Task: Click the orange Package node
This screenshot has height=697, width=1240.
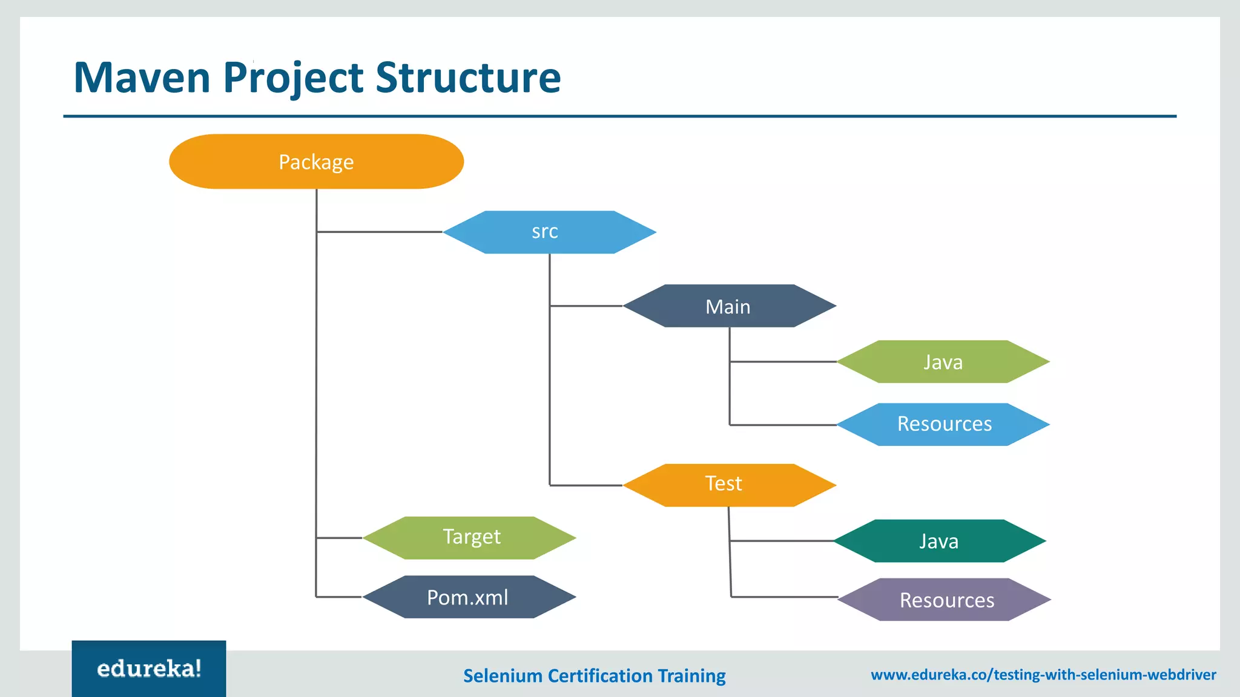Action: [x=316, y=162]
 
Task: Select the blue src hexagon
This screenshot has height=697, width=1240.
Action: [x=549, y=232]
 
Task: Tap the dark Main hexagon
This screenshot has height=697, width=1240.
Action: [x=729, y=306]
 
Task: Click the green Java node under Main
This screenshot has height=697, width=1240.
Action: [x=943, y=362]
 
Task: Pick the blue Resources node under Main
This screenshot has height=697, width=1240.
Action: [x=943, y=424]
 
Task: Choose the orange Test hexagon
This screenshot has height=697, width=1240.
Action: [x=729, y=485]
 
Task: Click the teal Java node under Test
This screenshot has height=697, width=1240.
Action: [x=940, y=541]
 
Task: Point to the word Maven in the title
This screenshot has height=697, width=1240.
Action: [x=142, y=78]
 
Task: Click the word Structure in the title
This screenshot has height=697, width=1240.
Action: [x=468, y=78]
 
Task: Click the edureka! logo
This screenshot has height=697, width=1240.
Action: [x=149, y=669]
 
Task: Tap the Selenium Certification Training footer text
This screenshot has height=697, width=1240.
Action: [x=594, y=675]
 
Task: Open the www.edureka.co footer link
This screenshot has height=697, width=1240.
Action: [x=1043, y=675]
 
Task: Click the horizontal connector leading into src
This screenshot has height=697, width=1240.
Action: [x=380, y=232]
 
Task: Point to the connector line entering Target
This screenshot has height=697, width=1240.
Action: [x=339, y=537]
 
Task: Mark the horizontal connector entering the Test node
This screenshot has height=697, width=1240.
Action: [x=585, y=485]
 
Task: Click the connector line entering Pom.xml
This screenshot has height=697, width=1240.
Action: [x=339, y=597]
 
